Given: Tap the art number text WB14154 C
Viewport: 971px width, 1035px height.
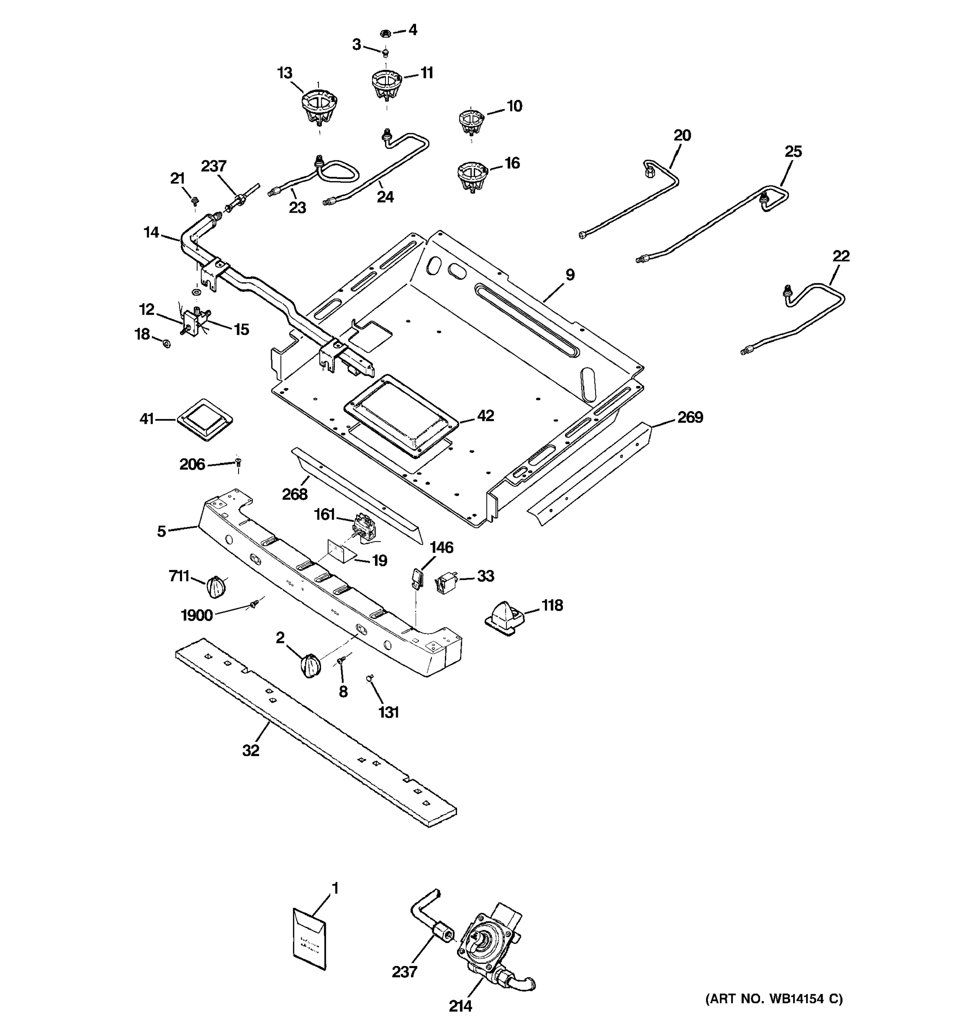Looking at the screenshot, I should pyautogui.click(x=774, y=998).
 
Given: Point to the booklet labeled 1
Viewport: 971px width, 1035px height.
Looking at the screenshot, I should pyautogui.click(x=309, y=939).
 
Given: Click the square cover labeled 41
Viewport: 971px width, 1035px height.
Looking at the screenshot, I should pyautogui.click(x=204, y=420).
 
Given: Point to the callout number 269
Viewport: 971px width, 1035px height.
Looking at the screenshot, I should pyautogui.click(x=690, y=417).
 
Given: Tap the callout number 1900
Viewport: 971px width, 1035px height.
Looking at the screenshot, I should pyautogui.click(x=196, y=615).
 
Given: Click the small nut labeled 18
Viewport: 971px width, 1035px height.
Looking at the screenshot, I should pyautogui.click(x=166, y=343).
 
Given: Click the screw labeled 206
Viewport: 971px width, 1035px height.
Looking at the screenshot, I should pyautogui.click(x=239, y=461).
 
